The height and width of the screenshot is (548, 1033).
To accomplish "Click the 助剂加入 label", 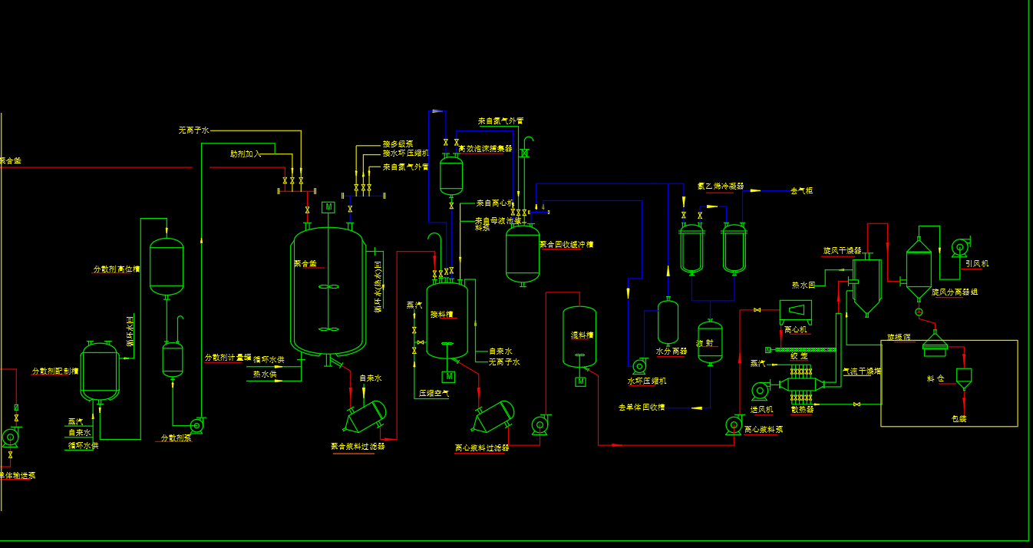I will point(246,154).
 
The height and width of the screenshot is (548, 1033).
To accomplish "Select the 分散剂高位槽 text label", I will point(117,269).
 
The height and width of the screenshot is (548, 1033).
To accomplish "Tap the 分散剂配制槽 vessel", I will point(100,371).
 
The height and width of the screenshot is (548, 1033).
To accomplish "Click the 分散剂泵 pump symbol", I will point(197,424).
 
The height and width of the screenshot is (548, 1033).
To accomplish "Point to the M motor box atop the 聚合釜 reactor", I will point(328,206).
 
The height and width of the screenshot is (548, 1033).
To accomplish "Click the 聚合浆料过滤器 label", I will point(358,446).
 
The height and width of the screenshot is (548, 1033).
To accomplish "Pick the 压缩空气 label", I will point(434,393).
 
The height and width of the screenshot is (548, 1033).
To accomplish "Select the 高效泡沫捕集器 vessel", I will point(451,174).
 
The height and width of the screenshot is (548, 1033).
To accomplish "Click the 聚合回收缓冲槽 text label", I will point(566,245).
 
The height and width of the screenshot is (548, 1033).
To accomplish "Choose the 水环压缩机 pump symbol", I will point(639,366).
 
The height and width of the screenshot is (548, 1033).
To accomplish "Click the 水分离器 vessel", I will point(668,322).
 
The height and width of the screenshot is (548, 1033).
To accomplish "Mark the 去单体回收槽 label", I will point(642,407).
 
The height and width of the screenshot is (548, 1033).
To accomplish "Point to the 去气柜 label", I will point(801,190).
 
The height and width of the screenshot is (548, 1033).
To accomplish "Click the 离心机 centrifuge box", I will point(795,311).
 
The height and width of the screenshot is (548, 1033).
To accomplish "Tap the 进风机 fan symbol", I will point(760,391).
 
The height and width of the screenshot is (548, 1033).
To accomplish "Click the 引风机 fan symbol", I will point(959,246).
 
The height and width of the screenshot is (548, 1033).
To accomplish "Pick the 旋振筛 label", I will point(899,337).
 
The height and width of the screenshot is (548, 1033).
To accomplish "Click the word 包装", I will point(959,419).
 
